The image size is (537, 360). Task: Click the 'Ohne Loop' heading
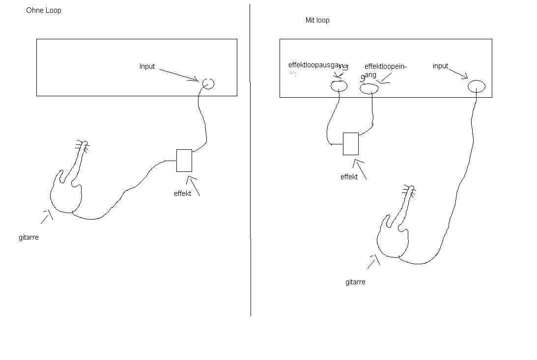(x=44, y=10)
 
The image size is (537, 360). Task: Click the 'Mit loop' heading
(x=317, y=20)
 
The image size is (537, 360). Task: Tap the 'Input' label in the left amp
(x=147, y=66)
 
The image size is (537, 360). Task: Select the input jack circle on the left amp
(x=208, y=83)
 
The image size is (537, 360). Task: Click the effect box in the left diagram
(x=184, y=161)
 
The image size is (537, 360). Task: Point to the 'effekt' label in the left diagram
(x=182, y=194)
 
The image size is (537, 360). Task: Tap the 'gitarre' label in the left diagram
(x=28, y=237)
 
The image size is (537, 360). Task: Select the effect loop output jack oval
(x=339, y=86)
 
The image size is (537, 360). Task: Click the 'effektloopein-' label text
(x=386, y=66)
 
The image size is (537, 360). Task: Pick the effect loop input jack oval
(x=369, y=88)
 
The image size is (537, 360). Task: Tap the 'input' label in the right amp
(x=440, y=66)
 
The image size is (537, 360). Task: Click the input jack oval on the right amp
(x=476, y=86)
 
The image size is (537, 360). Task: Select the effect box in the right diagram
(x=350, y=143)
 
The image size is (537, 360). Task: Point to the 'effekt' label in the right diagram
(x=349, y=177)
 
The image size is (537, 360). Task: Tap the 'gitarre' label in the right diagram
(x=355, y=282)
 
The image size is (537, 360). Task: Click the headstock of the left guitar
(x=82, y=145)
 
